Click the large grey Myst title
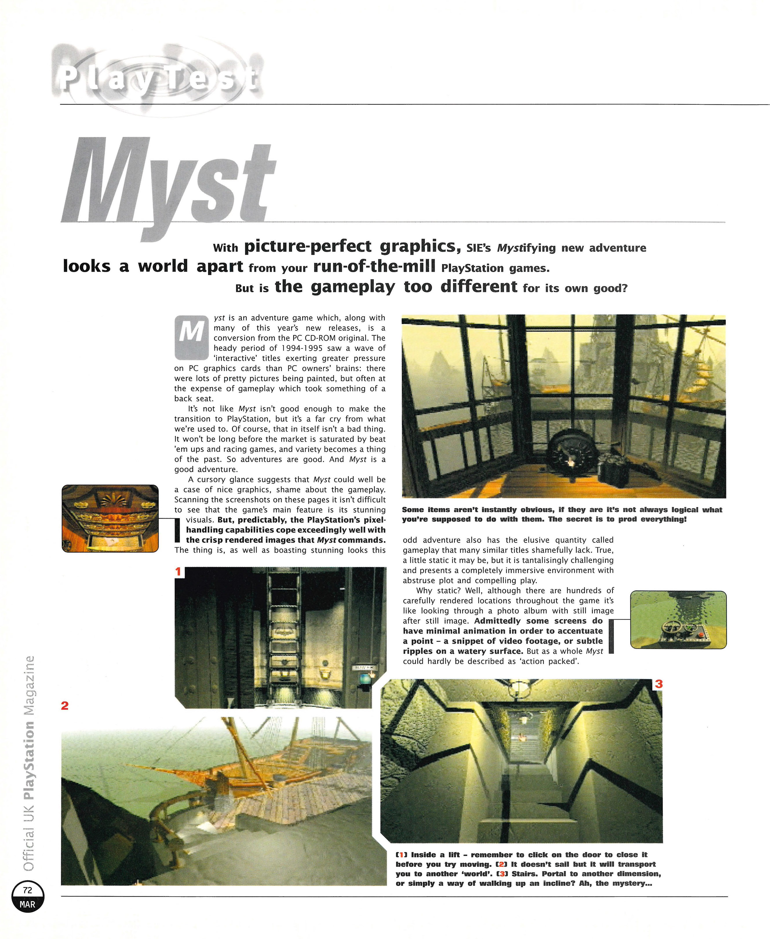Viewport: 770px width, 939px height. (169, 186)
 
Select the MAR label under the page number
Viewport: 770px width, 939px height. (28, 905)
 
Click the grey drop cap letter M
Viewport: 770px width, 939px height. (191, 337)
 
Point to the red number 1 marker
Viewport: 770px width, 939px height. (178, 572)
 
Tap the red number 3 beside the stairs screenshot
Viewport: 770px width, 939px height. (659, 684)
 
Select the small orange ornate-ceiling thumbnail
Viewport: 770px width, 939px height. (110, 518)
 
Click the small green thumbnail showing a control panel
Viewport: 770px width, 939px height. (678, 620)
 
